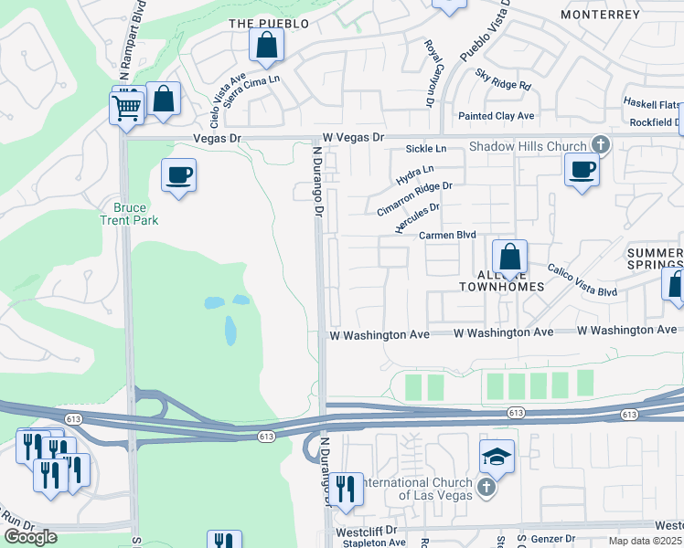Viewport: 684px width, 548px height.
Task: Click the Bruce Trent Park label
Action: [129, 213]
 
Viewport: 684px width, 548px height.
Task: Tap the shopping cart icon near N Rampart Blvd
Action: [126, 106]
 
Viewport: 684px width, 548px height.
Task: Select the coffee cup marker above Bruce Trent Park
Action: [178, 174]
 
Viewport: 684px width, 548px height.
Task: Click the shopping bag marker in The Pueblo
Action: [266, 45]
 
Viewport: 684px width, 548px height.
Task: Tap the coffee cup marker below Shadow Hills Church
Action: [581, 169]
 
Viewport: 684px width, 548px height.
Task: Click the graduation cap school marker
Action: [497, 456]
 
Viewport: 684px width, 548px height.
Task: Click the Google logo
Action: [30, 537]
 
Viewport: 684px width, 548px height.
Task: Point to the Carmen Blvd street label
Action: [448, 235]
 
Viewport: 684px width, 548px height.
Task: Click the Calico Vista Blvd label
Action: [582, 279]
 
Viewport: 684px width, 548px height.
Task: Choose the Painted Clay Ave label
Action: [497, 116]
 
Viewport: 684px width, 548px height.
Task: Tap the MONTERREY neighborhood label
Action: [600, 16]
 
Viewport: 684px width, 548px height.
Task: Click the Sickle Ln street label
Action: [426, 148]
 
